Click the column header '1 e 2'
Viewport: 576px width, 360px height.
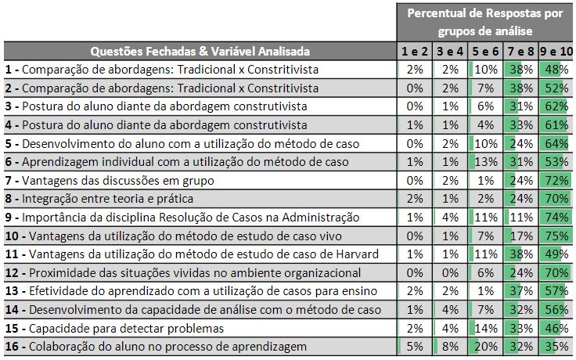415,52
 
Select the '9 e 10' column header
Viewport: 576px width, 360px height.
555,52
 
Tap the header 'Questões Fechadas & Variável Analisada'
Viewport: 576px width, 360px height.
200,52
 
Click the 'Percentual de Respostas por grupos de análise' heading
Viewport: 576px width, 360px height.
485,22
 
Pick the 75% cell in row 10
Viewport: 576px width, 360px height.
555,236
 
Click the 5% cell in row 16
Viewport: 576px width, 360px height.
415,347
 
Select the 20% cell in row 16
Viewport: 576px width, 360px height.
485,347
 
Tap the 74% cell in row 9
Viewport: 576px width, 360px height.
555,217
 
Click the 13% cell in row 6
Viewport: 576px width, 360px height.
485,161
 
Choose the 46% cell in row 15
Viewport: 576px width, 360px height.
555,328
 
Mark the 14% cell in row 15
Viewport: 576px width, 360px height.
485,328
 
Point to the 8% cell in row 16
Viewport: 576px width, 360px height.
450,347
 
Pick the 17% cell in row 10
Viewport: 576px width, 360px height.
520,236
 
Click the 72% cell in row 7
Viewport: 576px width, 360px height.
555,180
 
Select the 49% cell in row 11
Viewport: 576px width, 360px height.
555,254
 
